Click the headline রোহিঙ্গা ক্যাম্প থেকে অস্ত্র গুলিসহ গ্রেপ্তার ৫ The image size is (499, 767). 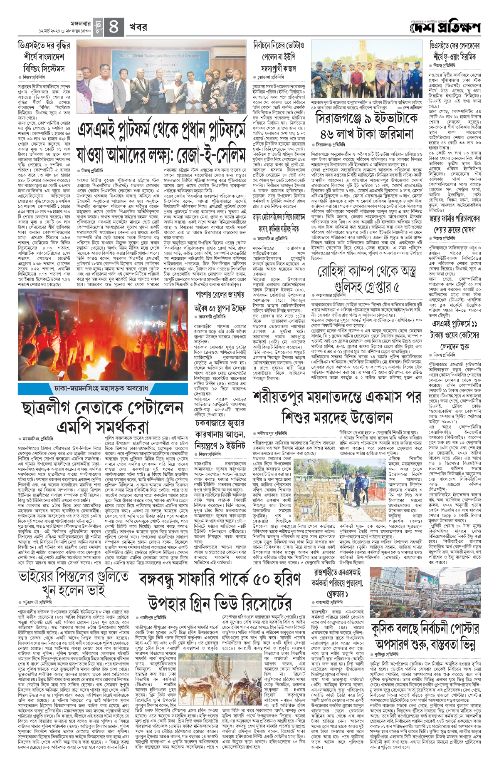pos(366,279)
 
